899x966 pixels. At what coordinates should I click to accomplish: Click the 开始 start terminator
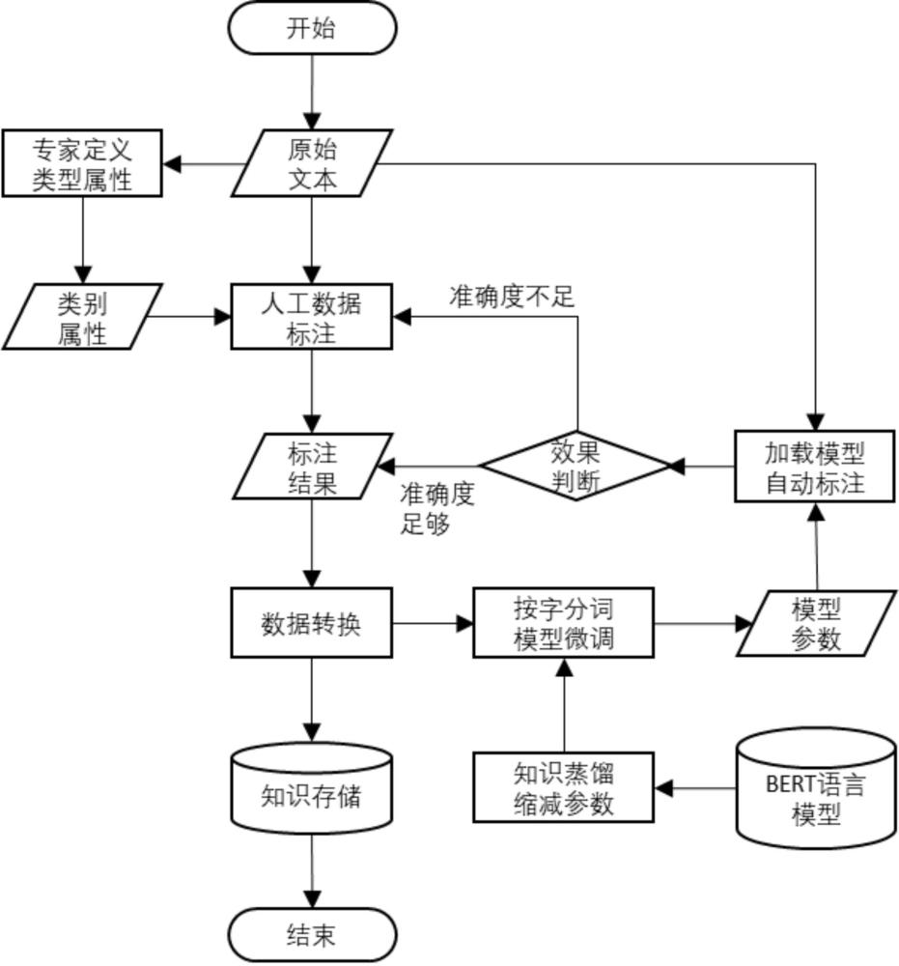pyautogui.click(x=312, y=28)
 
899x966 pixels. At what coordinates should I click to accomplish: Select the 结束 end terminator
pyautogui.click(x=312, y=935)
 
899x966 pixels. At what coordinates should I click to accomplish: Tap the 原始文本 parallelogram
pyautogui.click(x=312, y=163)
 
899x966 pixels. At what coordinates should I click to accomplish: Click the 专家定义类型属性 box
pyautogui.click(x=81, y=163)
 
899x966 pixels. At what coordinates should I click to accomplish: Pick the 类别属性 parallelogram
pyautogui.click(x=81, y=317)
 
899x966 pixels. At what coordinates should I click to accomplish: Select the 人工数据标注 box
pyautogui.click(x=312, y=317)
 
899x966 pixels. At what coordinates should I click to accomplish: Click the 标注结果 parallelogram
pyautogui.click(x=312, y=467)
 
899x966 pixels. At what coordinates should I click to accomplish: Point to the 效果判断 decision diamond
pyautogui.click(x=576, y=466)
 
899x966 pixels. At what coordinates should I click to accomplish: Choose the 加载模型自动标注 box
pyautogui.click(x=815, y=467)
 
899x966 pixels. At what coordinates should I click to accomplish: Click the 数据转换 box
pyautogui.click(x=312, y=623)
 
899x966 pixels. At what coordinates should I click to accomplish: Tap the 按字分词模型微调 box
pyautogui.click(x=563, y=623)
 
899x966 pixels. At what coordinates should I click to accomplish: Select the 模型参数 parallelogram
pyautogui.click(x=815, y=623)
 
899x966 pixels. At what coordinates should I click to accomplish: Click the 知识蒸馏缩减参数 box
pyautogui.click(x=563, y=788)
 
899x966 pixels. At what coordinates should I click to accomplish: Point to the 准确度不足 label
pyautogui.click(x=511, y=298)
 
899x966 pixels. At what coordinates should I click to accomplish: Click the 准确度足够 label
pyautogui.click(x=437, y=509)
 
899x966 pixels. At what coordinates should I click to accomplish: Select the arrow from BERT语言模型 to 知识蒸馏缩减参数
pyautogui.click(x=695, y=789)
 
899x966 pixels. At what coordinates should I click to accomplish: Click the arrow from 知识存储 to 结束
pyautogui.click(x=312, y=872)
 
